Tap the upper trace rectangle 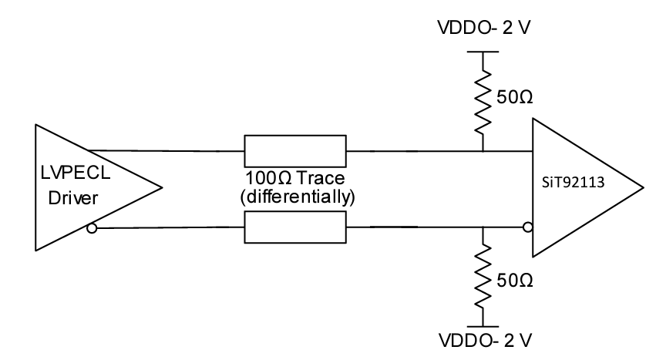(295, 150)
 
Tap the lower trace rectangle (295, 227)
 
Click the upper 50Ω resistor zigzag (483, 99)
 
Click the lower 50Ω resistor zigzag (483, 276)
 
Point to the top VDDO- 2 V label (483, 30)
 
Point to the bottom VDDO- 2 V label (483, 339)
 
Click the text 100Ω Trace (295, 180)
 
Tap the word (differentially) (295, 197)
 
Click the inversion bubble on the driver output (93, 227)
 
